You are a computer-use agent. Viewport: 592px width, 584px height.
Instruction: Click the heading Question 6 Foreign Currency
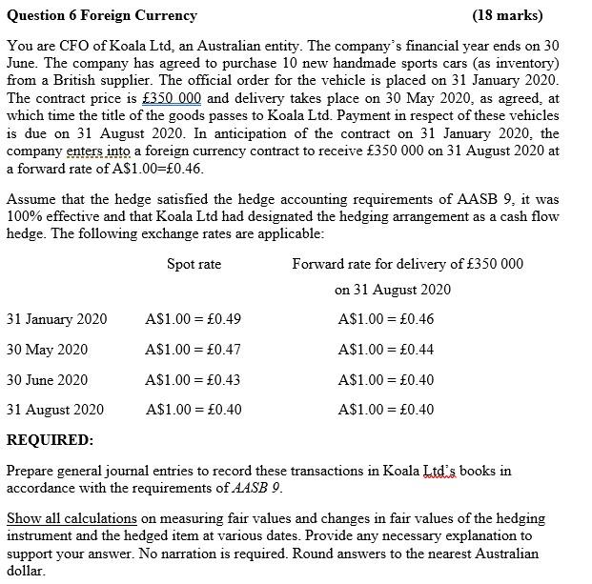point(102,15)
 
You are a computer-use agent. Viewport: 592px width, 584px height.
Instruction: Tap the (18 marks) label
point(507,15)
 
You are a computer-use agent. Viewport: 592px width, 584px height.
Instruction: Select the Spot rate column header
point(194,264)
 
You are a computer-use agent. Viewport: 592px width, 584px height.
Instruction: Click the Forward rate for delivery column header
point(407,264)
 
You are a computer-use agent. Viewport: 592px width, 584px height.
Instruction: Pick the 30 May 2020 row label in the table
point(47,350)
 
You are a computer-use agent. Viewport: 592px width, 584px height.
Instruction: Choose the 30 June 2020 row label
point(47,379)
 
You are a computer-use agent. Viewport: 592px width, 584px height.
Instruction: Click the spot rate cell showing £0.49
point(194,319)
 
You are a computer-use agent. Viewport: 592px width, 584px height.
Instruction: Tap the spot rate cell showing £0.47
point(194,350)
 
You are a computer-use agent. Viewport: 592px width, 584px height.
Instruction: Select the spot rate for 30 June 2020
point(194,379)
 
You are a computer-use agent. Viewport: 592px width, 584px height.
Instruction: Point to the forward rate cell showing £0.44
point(386,350)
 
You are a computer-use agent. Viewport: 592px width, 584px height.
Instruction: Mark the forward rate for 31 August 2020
point(386,410)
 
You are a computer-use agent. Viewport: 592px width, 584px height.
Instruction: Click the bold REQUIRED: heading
point(50,440)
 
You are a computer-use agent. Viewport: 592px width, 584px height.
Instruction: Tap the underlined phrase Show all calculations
point(72,518)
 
